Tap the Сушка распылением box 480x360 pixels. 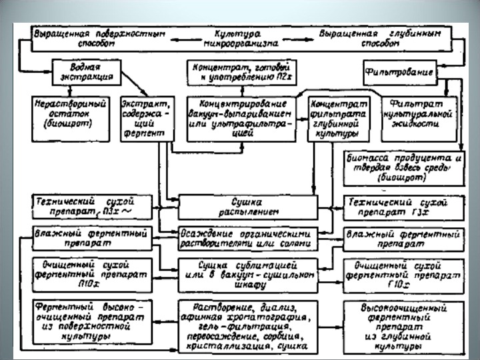pos(247,206)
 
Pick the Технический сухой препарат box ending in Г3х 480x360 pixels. pos(403,206)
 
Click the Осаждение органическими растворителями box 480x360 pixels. pos(247,239)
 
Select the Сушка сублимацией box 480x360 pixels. pos(247,275)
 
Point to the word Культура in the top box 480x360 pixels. pos(237,33)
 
